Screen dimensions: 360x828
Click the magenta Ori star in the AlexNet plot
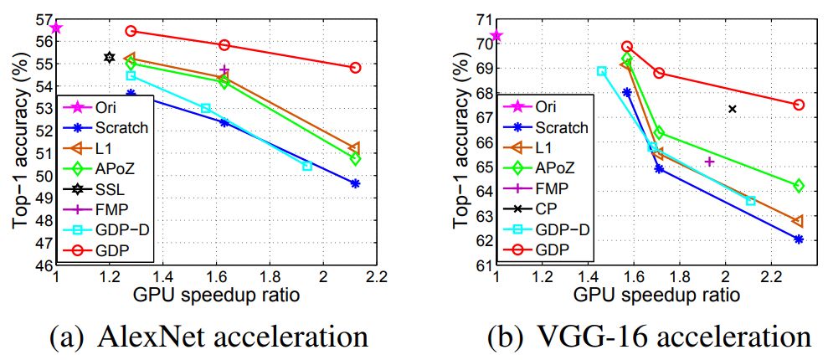(56, 28)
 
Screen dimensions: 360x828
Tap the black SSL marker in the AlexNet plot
(110, 57)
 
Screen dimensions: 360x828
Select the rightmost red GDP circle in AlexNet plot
(355, 68)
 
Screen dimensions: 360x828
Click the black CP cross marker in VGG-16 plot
(732, 109)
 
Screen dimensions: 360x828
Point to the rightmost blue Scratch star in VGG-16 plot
(799, 239)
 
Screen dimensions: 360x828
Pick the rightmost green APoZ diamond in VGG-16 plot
(799, 186)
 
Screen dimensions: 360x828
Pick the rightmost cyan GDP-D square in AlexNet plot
(307, 166)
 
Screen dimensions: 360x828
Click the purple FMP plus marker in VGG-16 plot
(709, 162)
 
